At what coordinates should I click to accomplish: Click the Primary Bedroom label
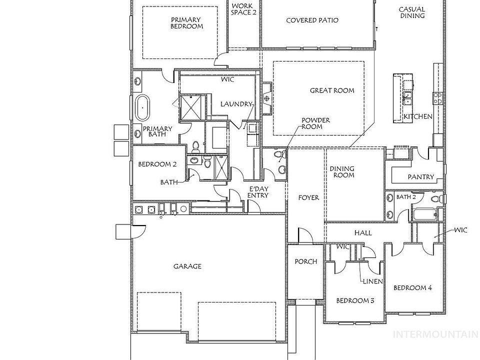[x=186, y=23]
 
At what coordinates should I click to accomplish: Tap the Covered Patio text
[x=312, y=20]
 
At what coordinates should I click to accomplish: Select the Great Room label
[x=332, y=90]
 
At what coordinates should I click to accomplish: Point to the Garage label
[x=187, y=266]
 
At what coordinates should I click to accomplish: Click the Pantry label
[x=420, y=177]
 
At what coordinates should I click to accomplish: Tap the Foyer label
[x=308, y=197]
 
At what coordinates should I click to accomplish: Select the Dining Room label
[x=342, y=172]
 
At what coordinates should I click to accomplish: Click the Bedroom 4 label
[x=412, y=287]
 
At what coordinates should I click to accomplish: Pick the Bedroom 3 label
[x=355, y=300]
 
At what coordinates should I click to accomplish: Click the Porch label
[x=305, y=261]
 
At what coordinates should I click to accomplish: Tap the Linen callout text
[x=373, y=281]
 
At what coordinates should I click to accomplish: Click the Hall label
[x=362, y=233]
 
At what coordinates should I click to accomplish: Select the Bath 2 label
[x=406, y=197]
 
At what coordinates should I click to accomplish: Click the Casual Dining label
[x=412, y=12]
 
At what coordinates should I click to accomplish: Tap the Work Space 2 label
[x=243, y=9]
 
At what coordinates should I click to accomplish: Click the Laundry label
[x=236, y=104]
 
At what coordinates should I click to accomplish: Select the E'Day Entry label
[x=258, y=192]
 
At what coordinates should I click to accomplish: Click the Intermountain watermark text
[x=435, y=334]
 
